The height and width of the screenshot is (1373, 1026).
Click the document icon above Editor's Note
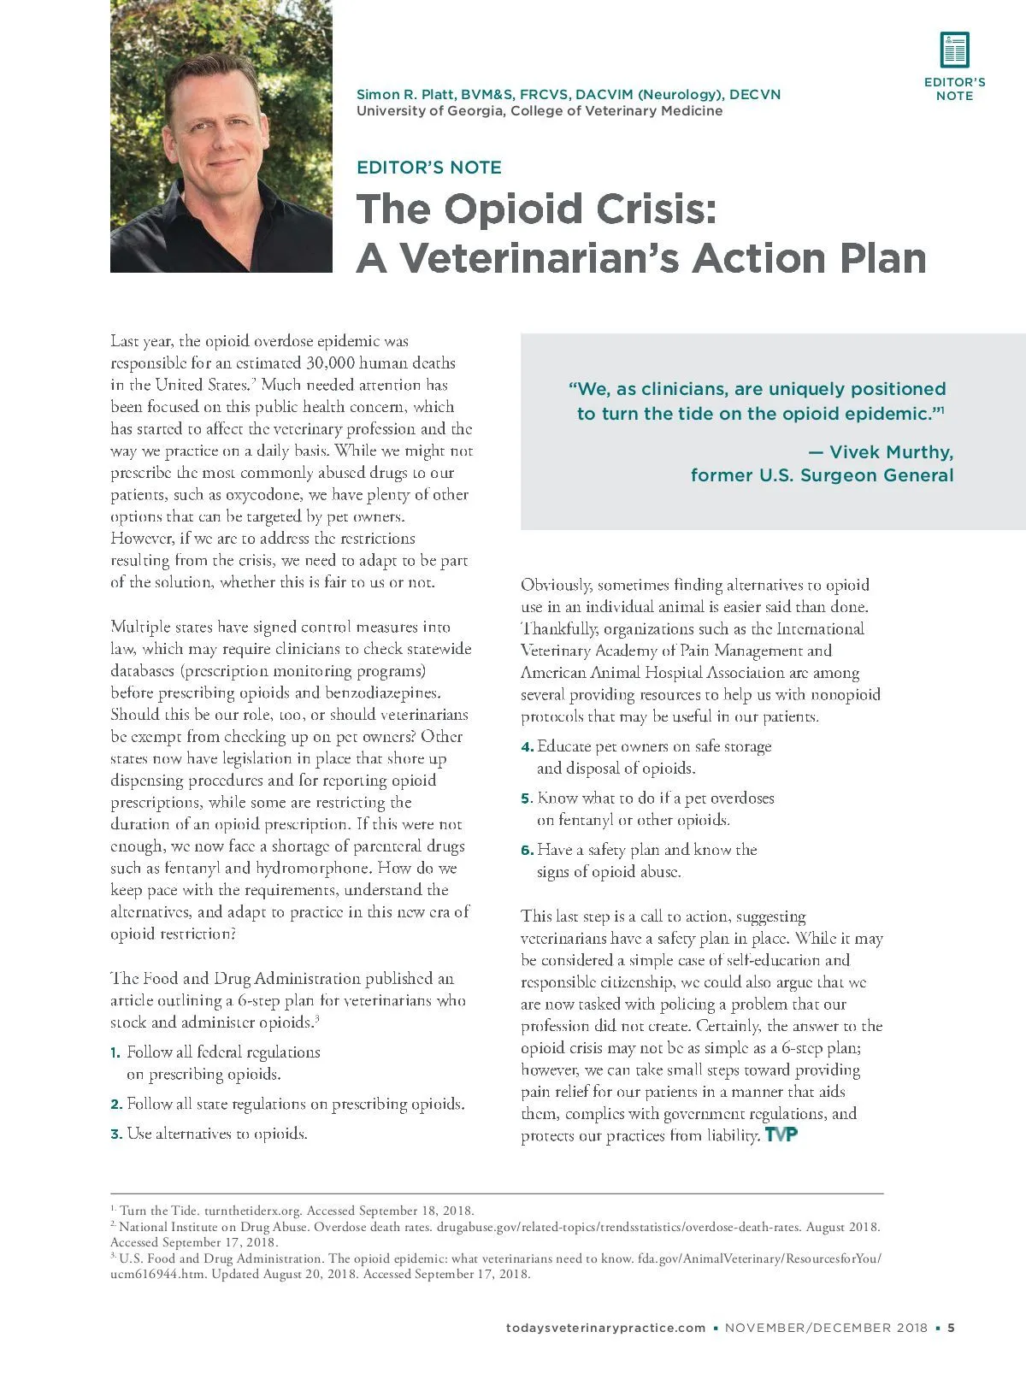[x=954, y=50]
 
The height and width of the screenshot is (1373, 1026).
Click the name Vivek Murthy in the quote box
[x=891, y=452]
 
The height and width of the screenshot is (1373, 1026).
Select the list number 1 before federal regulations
[x=115, y=1052]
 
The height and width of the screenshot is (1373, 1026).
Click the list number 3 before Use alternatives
[x=115, y=1134]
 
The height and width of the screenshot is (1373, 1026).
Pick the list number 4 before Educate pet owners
[x=527, y=747]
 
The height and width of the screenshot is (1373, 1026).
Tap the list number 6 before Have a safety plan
[x=527, y=851]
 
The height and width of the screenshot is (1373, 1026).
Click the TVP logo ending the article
[x=781, y=1135]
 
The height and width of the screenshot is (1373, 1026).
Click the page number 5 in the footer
[x=951, y=1328]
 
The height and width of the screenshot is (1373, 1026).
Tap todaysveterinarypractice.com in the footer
[x=605, y=1328]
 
